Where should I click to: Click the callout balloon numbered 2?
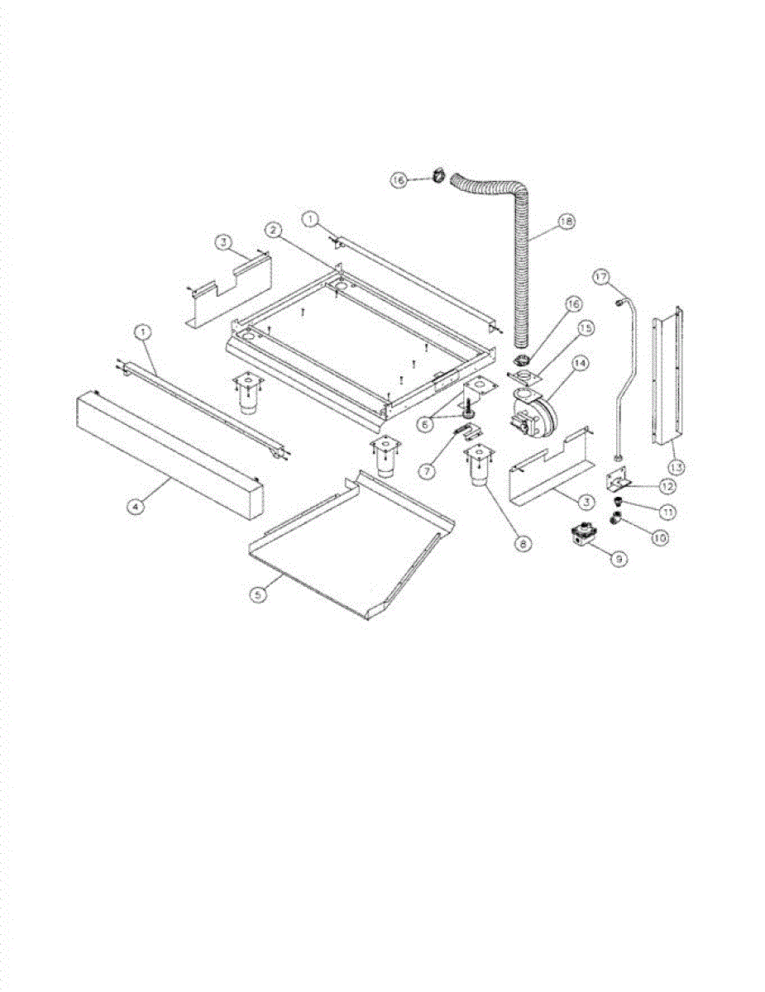coord(272,228)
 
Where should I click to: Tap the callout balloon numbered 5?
coord(260,594)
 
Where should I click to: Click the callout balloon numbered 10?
coord(660,537)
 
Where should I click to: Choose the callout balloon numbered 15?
coord(586,328)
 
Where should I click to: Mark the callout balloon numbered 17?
coord(601,277)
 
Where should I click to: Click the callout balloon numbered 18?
coord(566,222)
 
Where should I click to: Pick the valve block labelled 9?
coord(585,537)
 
